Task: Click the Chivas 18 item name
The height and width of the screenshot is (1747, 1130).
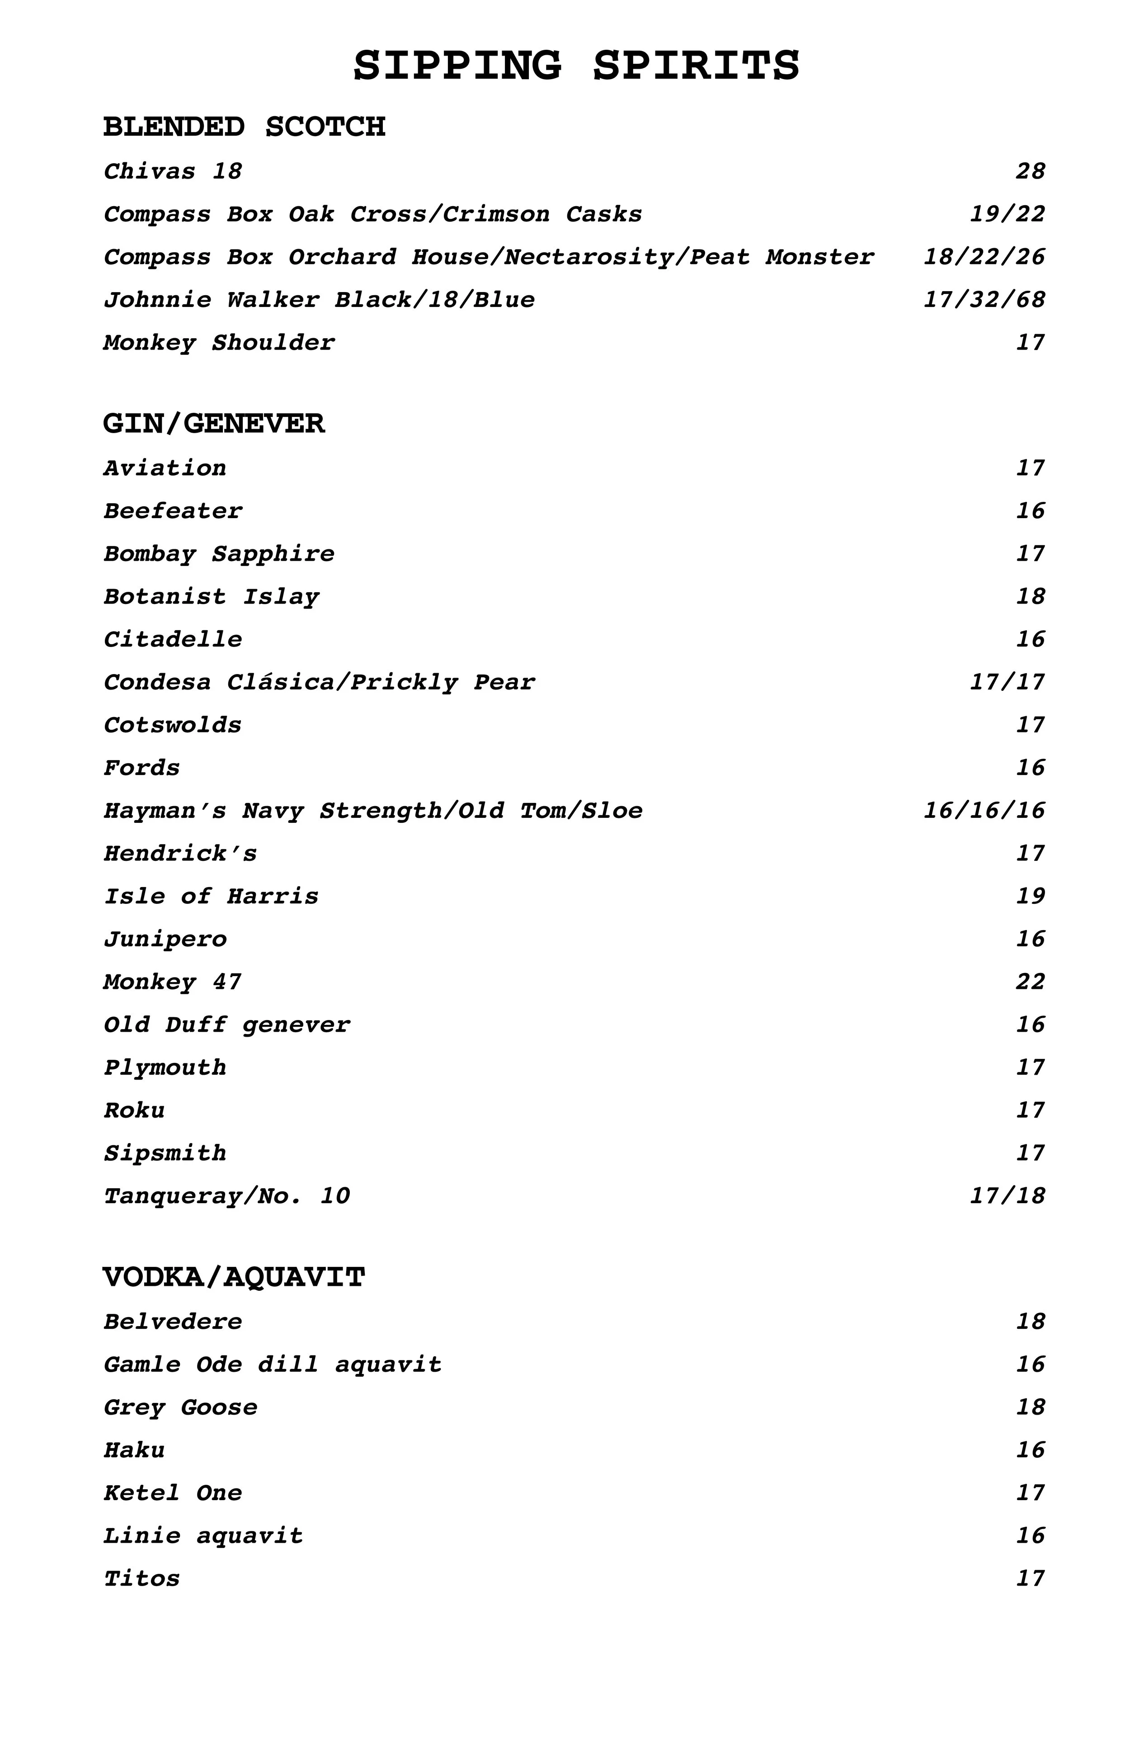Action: click(172, 172)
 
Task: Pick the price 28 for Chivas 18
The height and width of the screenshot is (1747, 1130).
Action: click(1030, 172)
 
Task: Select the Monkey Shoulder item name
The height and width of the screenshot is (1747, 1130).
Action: click(219, 343)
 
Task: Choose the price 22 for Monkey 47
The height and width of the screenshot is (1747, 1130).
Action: click(1030, 982)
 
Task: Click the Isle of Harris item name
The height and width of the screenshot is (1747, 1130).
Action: click(212, 896)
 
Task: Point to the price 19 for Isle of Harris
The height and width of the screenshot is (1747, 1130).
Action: click(1030, 896)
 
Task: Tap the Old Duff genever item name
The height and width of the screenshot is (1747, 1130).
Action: click(227, 1025)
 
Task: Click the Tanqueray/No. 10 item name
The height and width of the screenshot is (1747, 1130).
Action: click(227, 1196)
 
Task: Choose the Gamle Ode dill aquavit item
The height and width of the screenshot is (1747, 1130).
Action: click(273, 1365)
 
